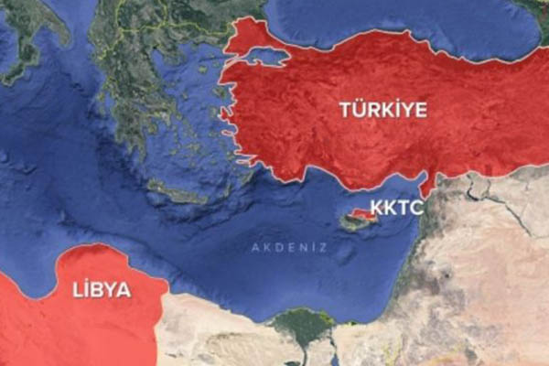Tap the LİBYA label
click(101, 290)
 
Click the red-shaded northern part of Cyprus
click(362, 215)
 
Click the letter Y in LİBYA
click(113, 290)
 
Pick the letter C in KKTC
click(416, 207)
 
